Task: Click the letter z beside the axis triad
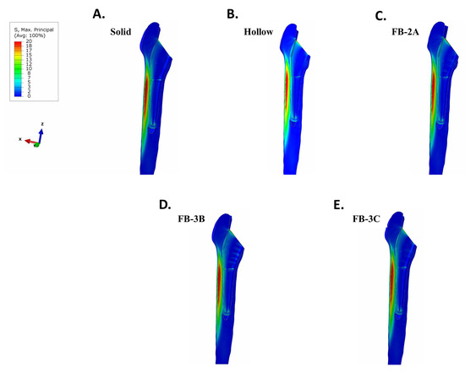[x=41, y=124]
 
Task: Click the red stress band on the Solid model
[x=145, y=93]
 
